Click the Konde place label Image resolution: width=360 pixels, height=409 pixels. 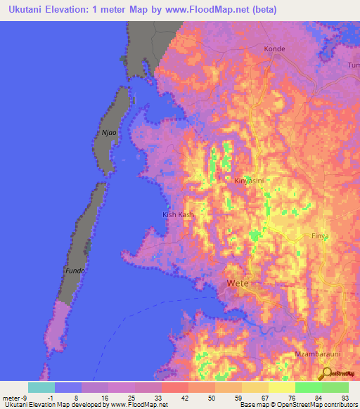click(x=275, y=49)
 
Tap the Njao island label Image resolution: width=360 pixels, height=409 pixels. click(x=108, y=131)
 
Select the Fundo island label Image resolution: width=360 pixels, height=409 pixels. click(x=75, y=271)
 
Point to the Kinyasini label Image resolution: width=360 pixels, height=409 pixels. click(x=249, y=181)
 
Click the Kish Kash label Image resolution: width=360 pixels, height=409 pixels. click(x=177, y=214)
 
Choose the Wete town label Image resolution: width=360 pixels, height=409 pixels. click(x=238, y=284)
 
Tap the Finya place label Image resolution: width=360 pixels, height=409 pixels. click(x=320, y=236)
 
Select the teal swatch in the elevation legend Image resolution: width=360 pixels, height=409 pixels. click(x=41, y=387)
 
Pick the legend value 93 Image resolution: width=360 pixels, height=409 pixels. click(x=345, y=397)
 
